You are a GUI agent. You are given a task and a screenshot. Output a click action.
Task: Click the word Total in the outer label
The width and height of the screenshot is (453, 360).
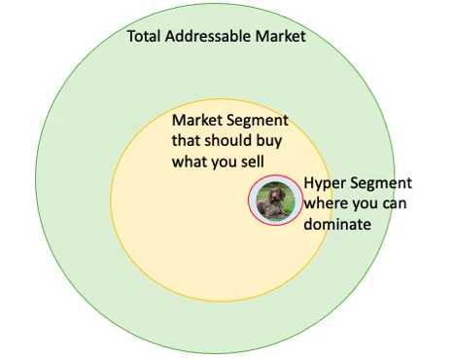pos(145,37)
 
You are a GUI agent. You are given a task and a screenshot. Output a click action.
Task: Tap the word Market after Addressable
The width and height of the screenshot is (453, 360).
pos(280,37)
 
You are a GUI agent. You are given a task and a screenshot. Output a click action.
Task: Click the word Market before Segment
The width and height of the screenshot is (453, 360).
pos(194,120)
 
